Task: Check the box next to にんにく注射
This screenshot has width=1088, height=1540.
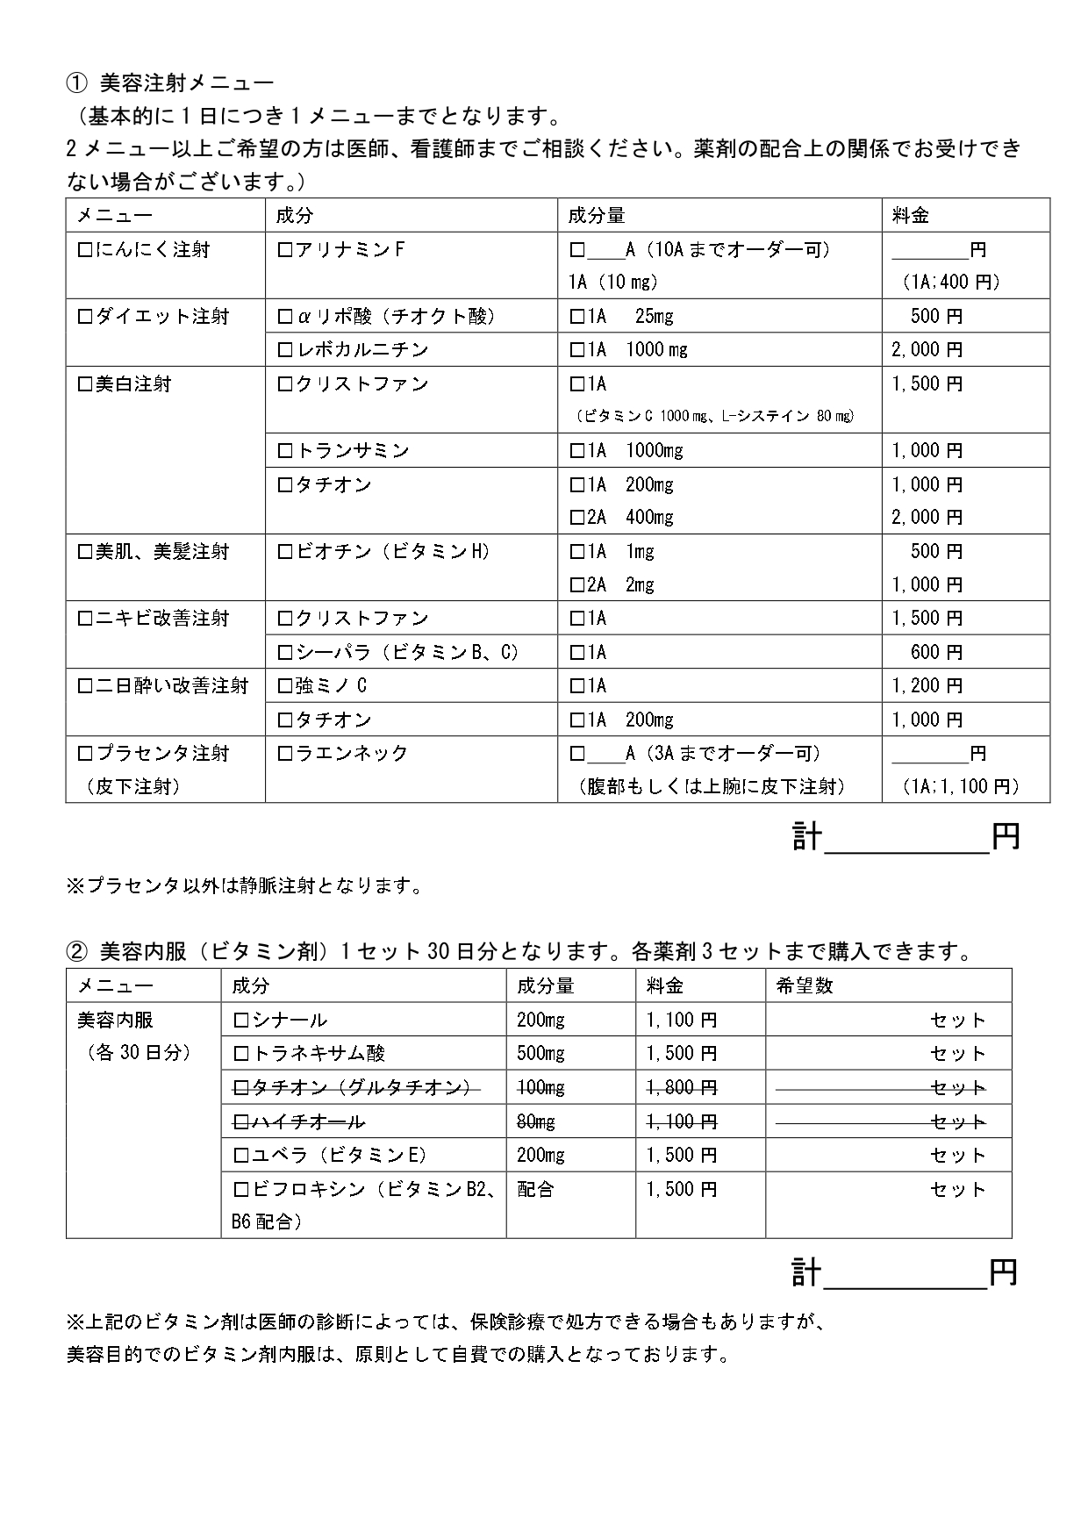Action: pyautogui.click(x=85, y=250)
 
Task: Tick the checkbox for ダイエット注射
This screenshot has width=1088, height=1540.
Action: pyautogui.click(x=85, y=317)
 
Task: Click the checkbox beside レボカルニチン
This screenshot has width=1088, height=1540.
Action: pyautogui.click(x=284, y=350)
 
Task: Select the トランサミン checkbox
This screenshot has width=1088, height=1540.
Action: pyautogui.click(x=284, y=451)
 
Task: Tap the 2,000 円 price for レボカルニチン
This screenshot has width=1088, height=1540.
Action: pyautogui.click(x=927, y=350)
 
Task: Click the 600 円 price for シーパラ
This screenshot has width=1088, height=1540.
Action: pyautogui.click(x=936, y=652)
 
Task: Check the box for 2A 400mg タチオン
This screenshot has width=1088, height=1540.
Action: pyautogui.click(x=576, y=518)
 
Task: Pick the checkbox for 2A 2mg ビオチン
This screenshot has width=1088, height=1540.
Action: pyautogui.click(x=576, y=585)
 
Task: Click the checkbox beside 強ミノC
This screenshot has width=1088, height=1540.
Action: pyautogui.click(x=284, y=686)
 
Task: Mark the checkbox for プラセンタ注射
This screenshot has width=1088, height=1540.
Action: pyautogui.click(x=85, y=754)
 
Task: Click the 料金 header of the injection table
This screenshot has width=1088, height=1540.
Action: pyautogui.click(x=910, y=216)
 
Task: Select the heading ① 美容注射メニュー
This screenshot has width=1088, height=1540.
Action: pyautogui.click(x=170, y=83)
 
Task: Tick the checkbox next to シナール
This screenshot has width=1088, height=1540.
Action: pyautogui.click(x=241, y=1021)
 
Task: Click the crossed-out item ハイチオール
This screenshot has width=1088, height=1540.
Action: pyautogui.click(x=308, y=1122)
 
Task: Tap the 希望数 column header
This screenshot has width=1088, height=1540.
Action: pyautogui.click(x=805, y=986)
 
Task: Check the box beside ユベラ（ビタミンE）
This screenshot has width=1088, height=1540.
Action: pyautogui.click(x=241, y=1156)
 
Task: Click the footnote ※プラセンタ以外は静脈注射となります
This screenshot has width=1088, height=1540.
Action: pyautogui.click(x=246, y=886)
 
